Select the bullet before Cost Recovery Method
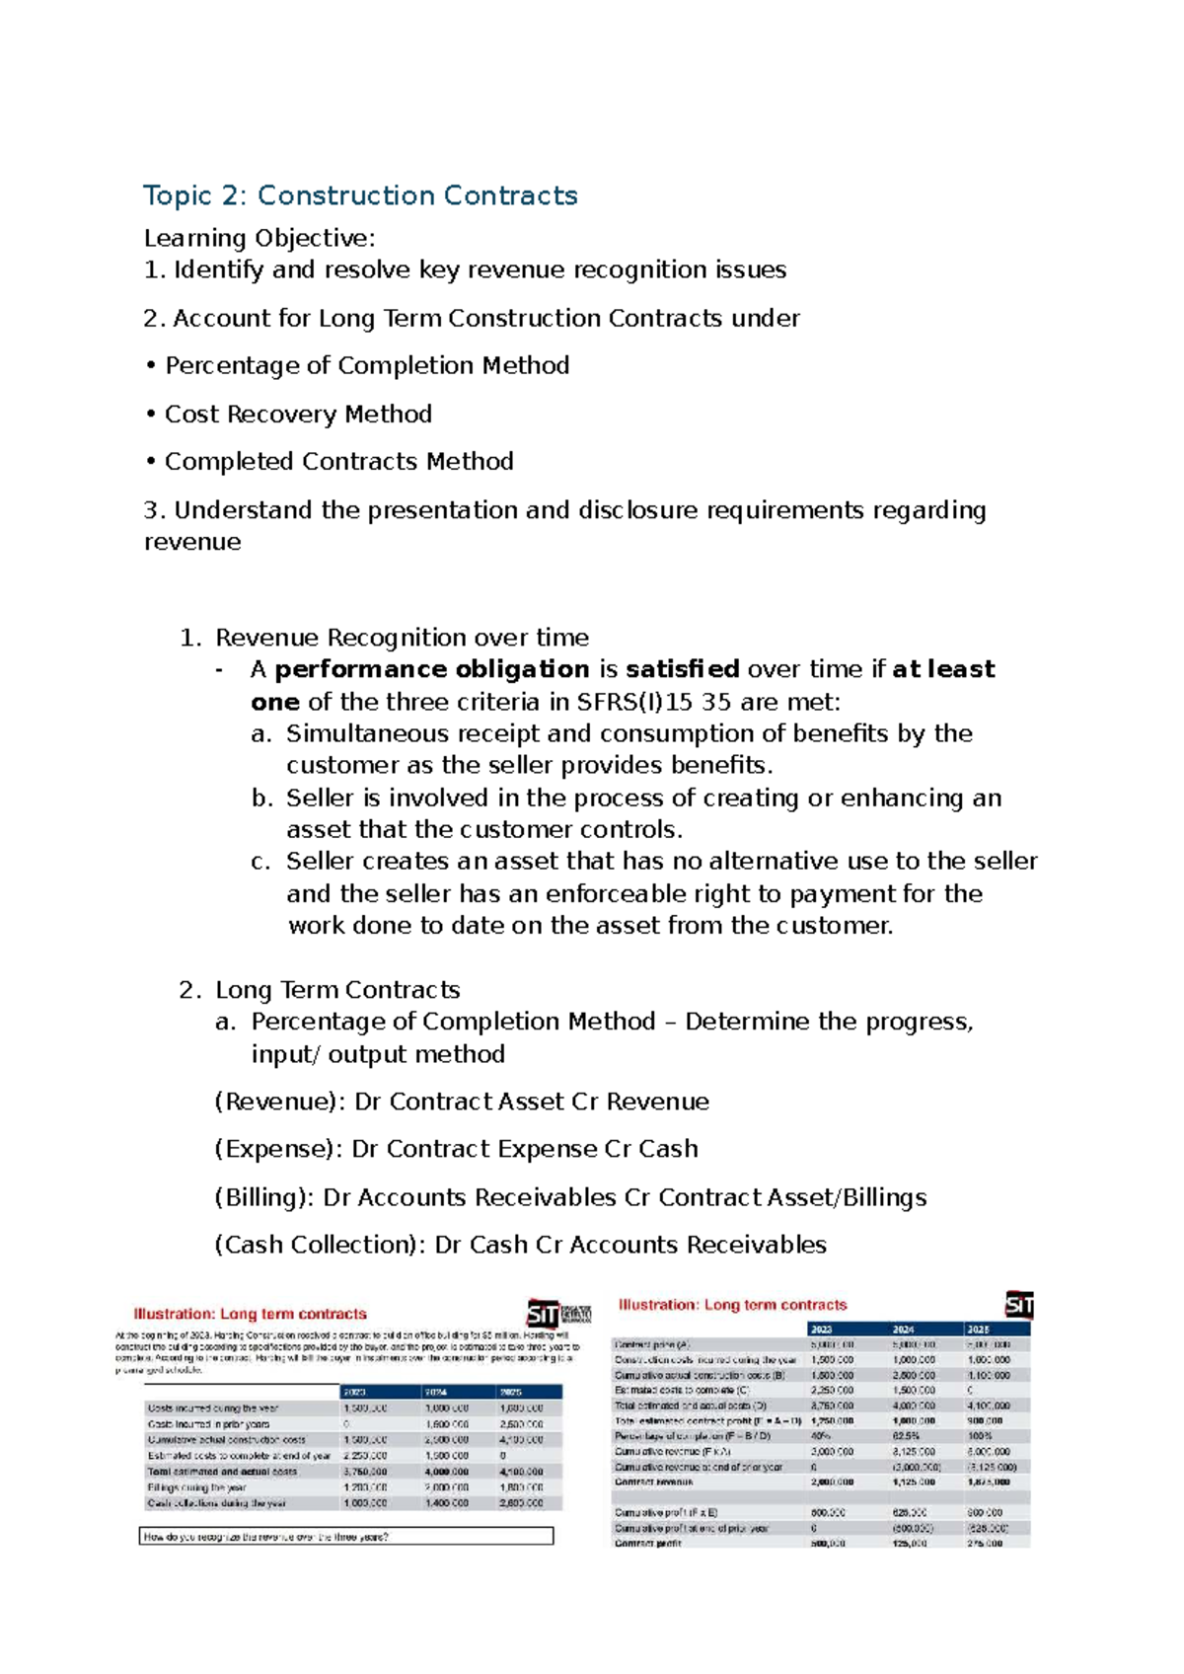click(151, 415)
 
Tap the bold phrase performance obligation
click(431, 670)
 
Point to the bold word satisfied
click(682, 670)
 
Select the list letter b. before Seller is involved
click(261, 799)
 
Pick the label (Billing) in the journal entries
click(263, 1198)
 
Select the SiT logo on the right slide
click(1018, 1305)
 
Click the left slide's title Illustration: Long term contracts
click(250, 1315)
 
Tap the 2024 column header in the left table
click(437, 1392)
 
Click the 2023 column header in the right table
click(821, 1330)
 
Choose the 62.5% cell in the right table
click(906, 1436)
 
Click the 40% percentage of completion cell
click(821, 1436)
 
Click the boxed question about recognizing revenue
click(346, 1537)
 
